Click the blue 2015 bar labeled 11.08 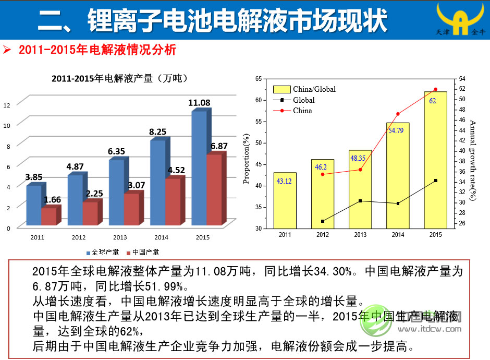[x=199, y=167]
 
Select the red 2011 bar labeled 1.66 [x=48, y=216]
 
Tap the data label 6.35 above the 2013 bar [x=116, y=151]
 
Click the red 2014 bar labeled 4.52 [x=173, y=201]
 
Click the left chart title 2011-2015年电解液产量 [x=119, y=79]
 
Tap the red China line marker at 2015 [x=436, y=89]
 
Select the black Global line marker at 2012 [x=323, y=221]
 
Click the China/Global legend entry [x=304, y=89]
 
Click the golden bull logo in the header [x=460, y=20]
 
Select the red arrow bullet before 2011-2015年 [x=7, y=51]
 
